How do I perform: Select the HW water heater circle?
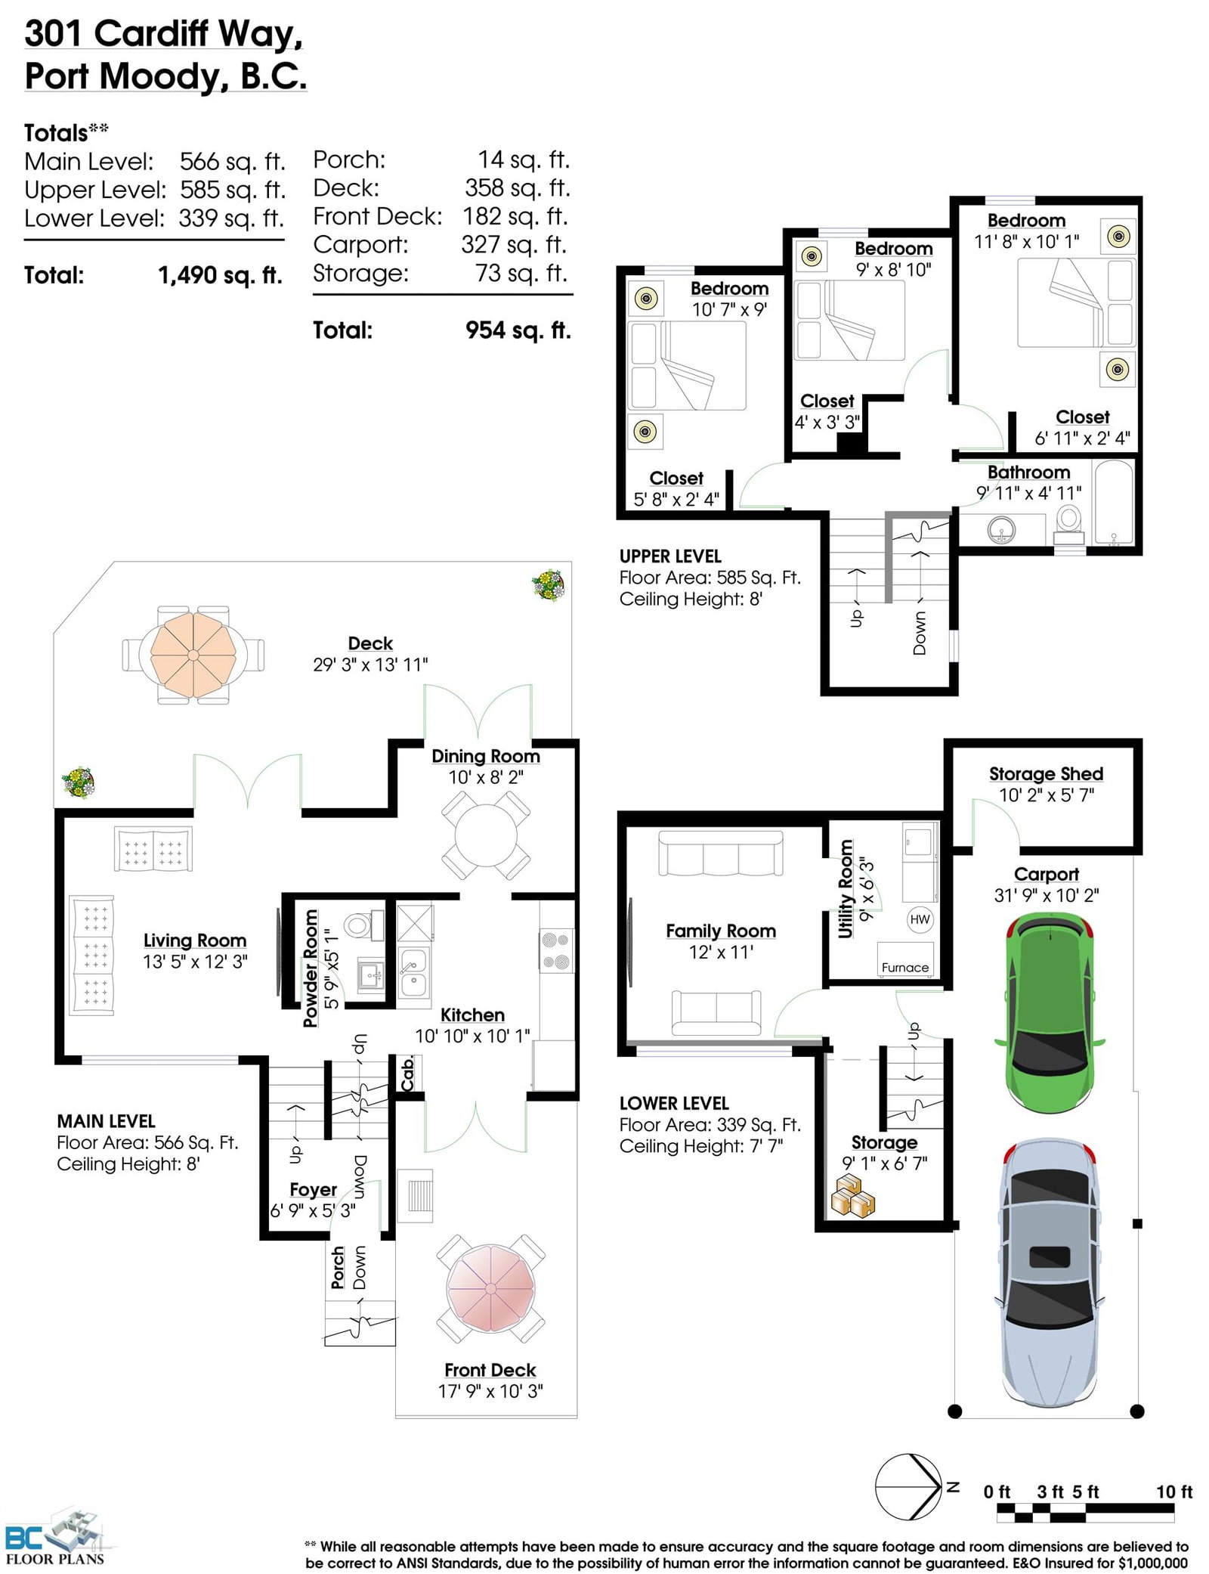920,919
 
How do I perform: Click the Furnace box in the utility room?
905,959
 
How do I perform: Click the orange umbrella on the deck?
193,655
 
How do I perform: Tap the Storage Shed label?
1046,773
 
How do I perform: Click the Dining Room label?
485,756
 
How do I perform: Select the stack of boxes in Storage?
852,1195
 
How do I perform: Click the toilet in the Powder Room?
363,925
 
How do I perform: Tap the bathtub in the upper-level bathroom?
1114,503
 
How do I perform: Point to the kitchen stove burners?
556,951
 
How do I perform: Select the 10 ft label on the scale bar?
1173,1492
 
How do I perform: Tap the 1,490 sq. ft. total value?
220,275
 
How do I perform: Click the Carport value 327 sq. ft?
514,244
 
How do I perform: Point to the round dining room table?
485,835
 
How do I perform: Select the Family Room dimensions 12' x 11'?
720,952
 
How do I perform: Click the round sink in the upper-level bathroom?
1001,530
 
